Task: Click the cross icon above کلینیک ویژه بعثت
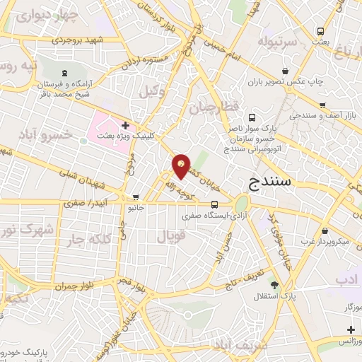125,125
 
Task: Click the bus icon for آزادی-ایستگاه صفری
195,205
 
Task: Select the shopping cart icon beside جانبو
136,197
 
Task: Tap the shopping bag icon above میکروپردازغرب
324,231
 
